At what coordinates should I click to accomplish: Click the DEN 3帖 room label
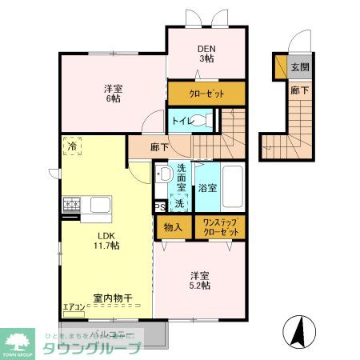[206, 52]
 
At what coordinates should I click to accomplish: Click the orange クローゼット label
[206, 94]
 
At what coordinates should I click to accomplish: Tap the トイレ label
[182, 121]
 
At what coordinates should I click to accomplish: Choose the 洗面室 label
[182, 177]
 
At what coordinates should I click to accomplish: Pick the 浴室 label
[207, 190]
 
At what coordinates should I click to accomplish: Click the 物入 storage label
[174, 227]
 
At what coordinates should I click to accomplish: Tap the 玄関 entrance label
[299, 67]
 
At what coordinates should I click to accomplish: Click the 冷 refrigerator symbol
[73, 146]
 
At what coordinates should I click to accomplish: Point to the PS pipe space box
[160, 205]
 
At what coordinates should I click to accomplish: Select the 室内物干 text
[112, 298]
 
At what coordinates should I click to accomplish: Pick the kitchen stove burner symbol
[71, 205]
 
